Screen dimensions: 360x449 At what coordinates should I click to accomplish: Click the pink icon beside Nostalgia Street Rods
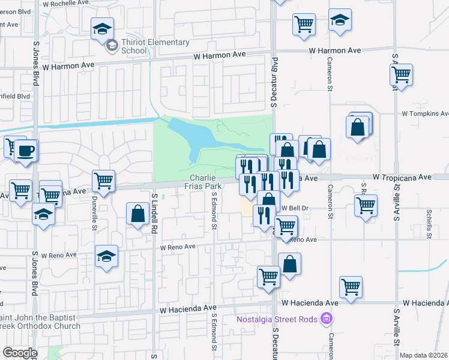(x=327, y=317)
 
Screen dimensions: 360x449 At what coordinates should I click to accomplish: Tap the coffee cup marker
(x=25, y=151)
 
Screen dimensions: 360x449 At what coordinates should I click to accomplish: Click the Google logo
(x=20, y=353)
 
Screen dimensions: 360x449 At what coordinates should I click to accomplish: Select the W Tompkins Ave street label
(x=425, y=113)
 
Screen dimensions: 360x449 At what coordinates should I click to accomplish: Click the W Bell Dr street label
(x=295, y=208)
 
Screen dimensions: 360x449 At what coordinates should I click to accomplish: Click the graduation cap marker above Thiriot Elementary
(x=102, y=28)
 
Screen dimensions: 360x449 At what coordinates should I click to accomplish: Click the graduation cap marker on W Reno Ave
(x=106, y=256)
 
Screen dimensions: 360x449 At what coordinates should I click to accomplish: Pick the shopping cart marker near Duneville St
(x=104, y=180)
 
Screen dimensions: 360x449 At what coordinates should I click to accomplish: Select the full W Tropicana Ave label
(x=402, y=178)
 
